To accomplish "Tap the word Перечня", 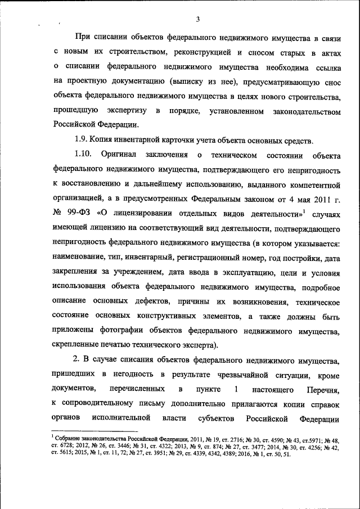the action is pos(323,389).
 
